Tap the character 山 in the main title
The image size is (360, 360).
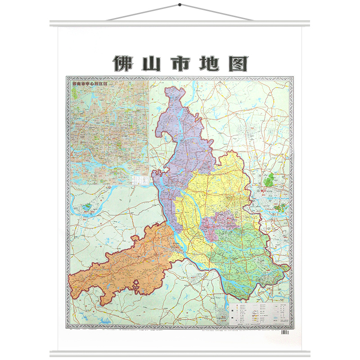(151, 63)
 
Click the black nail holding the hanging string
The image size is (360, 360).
(180, 5)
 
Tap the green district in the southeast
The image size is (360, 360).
(245, 261)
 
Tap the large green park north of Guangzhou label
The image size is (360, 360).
(269, 181)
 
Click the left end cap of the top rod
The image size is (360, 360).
(51, 23)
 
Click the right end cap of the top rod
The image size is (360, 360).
(308, 23)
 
